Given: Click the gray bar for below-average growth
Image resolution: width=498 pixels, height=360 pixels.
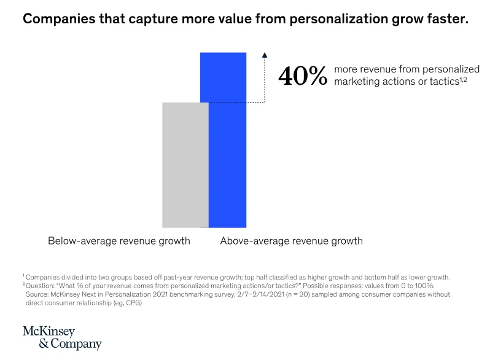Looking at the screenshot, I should (x=185, y=165).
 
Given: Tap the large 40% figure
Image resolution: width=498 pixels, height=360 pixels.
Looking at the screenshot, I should (x=303, y=76).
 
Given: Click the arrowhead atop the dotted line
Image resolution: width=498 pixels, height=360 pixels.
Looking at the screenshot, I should (x=265, y=55).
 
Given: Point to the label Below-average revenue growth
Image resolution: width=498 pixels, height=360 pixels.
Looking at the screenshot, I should (x=119, y=241).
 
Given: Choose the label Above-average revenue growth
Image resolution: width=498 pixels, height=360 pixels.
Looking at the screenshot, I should (x=291, y=241).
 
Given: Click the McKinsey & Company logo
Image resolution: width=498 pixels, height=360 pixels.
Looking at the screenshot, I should (x=61, y=338).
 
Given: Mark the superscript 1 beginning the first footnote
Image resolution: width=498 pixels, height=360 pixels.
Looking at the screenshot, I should (x=23, y=275).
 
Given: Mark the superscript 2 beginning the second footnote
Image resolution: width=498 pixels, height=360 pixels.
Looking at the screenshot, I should (x=23, y=284).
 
